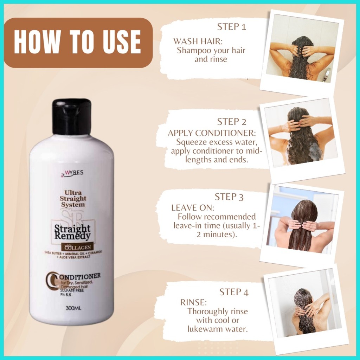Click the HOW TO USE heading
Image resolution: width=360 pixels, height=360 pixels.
point(77,42)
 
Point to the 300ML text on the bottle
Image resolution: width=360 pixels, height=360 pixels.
point(73,308)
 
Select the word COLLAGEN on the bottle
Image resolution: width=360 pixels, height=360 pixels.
point(78,247)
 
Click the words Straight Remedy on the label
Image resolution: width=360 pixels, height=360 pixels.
point(72,232)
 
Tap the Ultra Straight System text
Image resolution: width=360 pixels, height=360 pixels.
point(72,198)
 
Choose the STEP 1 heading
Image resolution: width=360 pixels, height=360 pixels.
point(232,27)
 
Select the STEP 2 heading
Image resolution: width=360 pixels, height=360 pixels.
point(232,122)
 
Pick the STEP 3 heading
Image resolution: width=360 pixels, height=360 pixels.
point(229,197)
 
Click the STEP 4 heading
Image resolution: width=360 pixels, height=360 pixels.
point(234,292)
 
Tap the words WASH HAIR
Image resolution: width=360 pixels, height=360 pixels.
point(198,41)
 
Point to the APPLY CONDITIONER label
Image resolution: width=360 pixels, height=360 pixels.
point(212,133)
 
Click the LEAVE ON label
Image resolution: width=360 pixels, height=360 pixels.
point(193,208)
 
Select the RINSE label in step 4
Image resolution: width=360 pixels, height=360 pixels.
point(194,302)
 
